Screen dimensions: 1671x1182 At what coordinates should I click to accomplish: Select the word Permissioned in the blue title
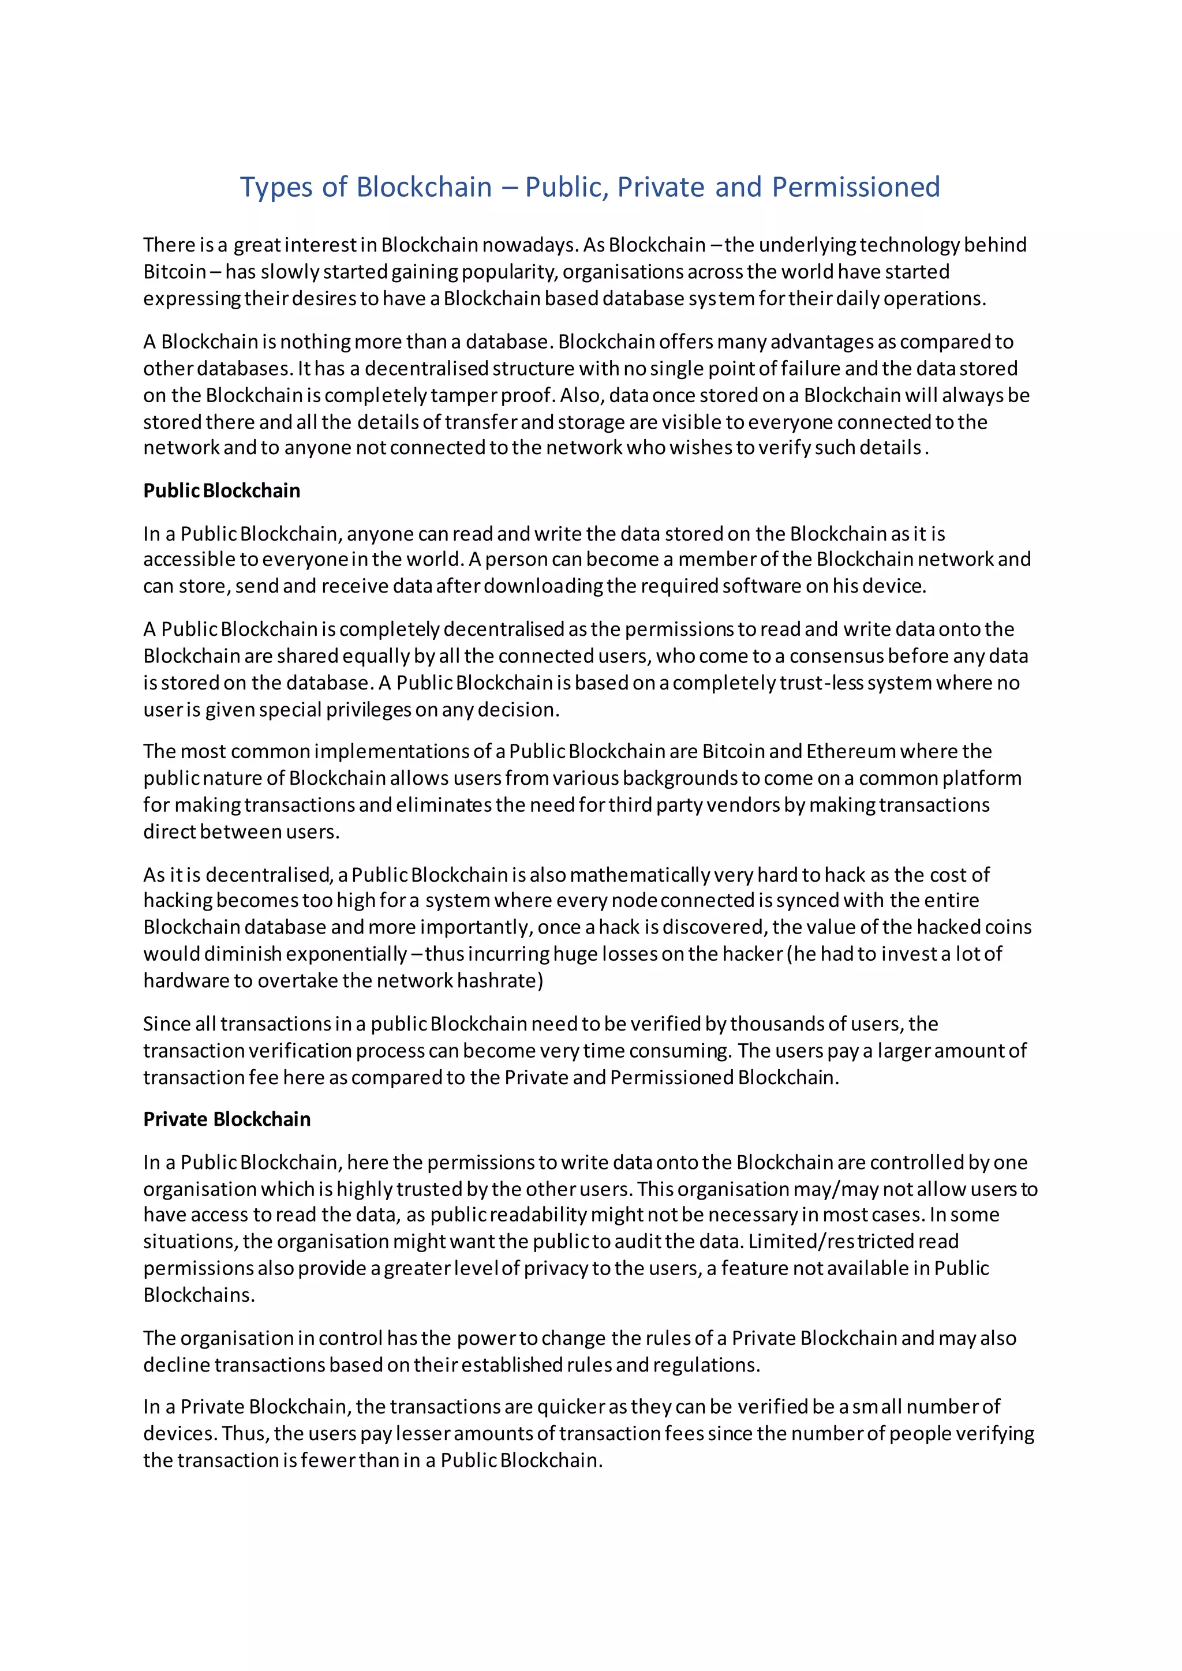(855, 187)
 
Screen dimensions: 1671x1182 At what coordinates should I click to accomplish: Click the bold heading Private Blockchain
(226, 1119)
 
